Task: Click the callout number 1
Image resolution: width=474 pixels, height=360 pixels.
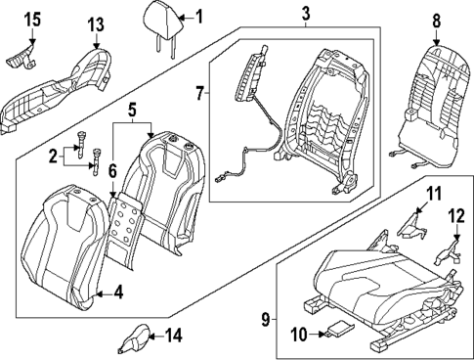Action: [198, 16]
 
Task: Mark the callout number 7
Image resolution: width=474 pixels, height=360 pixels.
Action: [201, 96]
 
